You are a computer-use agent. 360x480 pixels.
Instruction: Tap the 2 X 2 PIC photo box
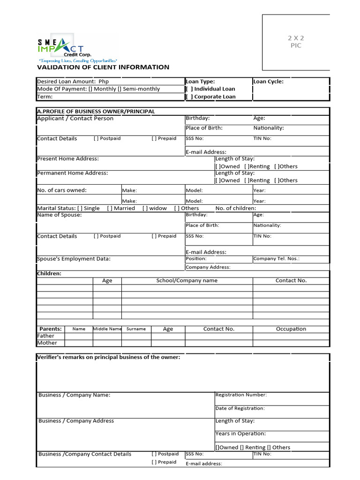tap(296, 42)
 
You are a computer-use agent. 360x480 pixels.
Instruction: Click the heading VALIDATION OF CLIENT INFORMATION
tap(103, 67)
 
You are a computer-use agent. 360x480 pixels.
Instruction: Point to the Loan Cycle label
tap(269, 82)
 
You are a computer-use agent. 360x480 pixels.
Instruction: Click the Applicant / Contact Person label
tap(75, 119)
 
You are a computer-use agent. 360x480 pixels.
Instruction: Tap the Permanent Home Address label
tap(72, 173)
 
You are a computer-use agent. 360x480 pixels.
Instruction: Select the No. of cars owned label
tap(62, 190)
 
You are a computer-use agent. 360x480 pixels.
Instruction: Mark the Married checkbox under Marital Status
tap(110, 208)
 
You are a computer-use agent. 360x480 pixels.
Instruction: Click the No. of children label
tap(236, 208)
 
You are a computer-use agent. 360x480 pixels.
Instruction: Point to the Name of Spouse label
tap(59, 215)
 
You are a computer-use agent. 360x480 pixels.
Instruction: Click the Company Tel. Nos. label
tap(276, 259)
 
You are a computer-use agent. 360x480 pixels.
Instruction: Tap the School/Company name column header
tap(187, 281)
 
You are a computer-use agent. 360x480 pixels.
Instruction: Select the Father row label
tap(45, 336)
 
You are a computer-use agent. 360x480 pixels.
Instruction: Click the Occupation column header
tap(291, 329)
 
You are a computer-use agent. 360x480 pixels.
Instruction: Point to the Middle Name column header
tap(107, 329)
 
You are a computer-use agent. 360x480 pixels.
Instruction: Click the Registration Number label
tap(241, 395)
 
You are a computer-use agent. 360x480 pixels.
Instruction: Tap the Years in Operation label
tap(240, 434)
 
